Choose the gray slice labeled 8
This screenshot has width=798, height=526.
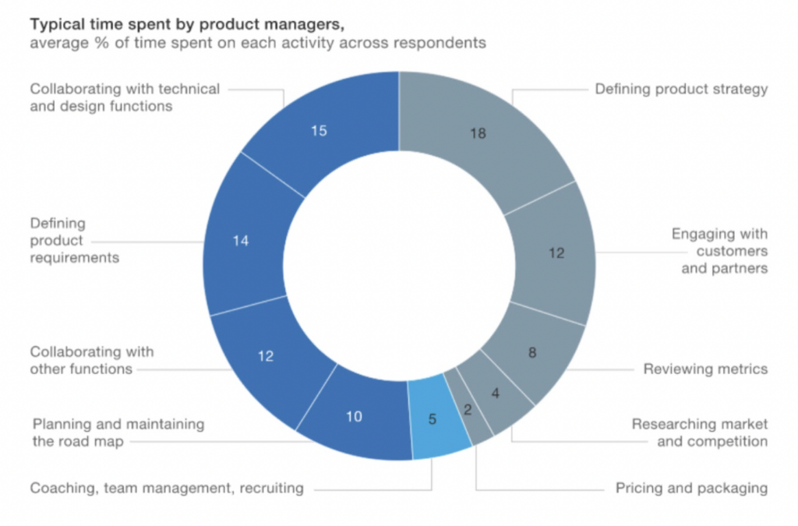(x=531, y=352)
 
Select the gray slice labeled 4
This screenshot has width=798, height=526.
(x=496, y=394)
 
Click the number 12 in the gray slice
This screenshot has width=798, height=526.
(x=555, y=252)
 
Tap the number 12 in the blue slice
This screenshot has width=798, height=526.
(x=266, y=356)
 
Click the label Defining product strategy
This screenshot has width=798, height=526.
(x=681, y=89)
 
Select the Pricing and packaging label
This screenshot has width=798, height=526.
(x=691, y=489)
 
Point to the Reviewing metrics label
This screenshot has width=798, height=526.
(x=704, y=369)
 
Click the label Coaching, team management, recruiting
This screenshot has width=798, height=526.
(x=166, y=489)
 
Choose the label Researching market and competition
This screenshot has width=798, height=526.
(x=699, y=432)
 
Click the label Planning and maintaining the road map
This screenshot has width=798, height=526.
(x=118, y=432)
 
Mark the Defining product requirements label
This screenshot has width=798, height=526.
(x=75, y=241)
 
